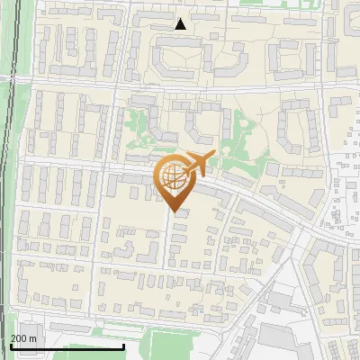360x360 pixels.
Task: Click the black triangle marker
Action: pos(181,23)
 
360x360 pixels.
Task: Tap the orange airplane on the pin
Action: pos(198,163)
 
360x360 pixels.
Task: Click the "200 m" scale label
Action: pos(23,338)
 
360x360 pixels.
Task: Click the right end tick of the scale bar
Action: pos(123,346)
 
